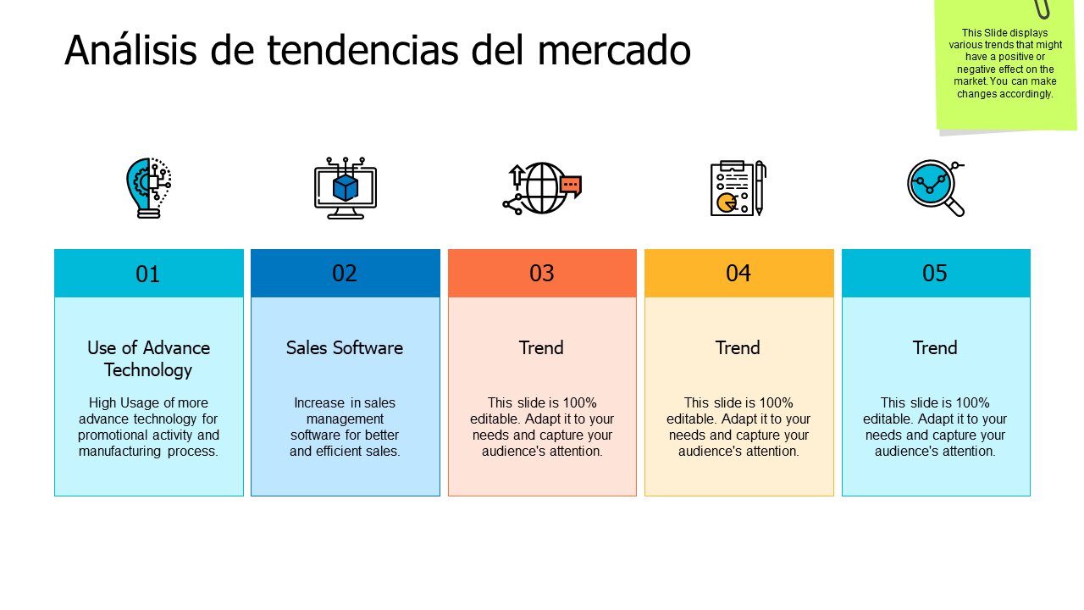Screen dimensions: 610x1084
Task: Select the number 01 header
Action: (x=148, y=274)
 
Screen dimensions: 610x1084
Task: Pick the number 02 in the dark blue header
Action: (x=345, y=273)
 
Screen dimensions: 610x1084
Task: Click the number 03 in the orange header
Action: (x=542, y=273)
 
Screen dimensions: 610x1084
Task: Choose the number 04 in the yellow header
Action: (x=738, y=273)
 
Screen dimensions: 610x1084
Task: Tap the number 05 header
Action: (x=935, y=273)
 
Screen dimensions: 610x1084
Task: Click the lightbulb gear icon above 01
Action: (x=148, y=187)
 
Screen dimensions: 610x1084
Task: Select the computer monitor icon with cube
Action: (x=345, y=187)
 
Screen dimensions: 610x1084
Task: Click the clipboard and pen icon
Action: (x=738, y=187)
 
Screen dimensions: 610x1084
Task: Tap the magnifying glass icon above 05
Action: (x=935, y=187)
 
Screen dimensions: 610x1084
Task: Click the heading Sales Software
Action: (x=345, y=347)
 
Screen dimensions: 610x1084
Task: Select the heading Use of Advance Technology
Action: (x=148, y=358)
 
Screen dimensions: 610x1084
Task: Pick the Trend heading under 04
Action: (x=738, y=347)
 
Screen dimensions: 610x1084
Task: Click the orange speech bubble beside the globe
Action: (x=571, y=185)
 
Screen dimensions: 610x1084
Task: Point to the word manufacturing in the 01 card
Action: (x=119, y=451)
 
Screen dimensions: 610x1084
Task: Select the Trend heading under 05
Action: (x=935, y=347)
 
